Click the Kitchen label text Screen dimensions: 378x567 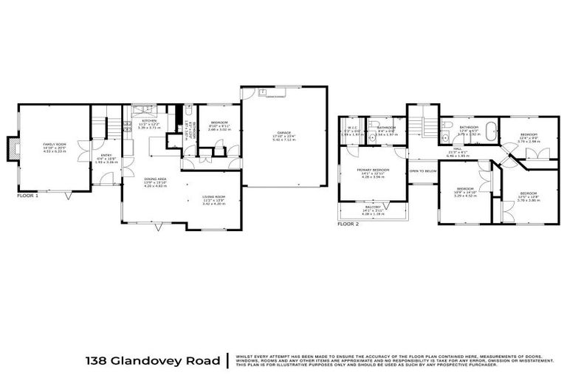(x=149, y=123)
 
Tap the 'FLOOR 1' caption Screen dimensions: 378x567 (x=27, y=196)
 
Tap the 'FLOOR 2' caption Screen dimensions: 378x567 (x=348, y=223)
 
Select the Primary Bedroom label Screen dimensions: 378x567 (x=373, y=172)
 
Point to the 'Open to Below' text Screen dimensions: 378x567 (x=424, y=171)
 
